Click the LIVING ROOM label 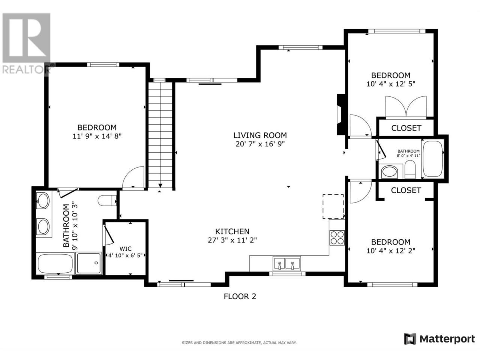click(x=260, y=135)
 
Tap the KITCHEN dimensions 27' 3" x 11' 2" click(x=232, y=240)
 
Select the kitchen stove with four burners click(x=337, y=238)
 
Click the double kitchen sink click(x=286, y=264)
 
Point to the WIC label click(x=126, y=249)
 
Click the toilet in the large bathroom click(x=107, y=200)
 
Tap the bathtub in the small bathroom click(x=432, y=159)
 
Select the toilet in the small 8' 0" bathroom click(x=410, y=169)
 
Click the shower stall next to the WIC click(x=89, y=263)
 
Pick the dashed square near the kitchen click(x=333, y=206)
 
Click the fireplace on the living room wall click(x=341, y=114)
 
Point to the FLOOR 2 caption click(x=240, y=296)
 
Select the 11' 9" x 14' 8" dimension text click(x=97, y=136)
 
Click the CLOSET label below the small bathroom click(x=406, y=190)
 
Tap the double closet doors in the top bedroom click(x=406, y=106)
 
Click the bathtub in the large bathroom click(x=55, y=263)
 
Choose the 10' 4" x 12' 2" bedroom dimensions click(x=391, y=250)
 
